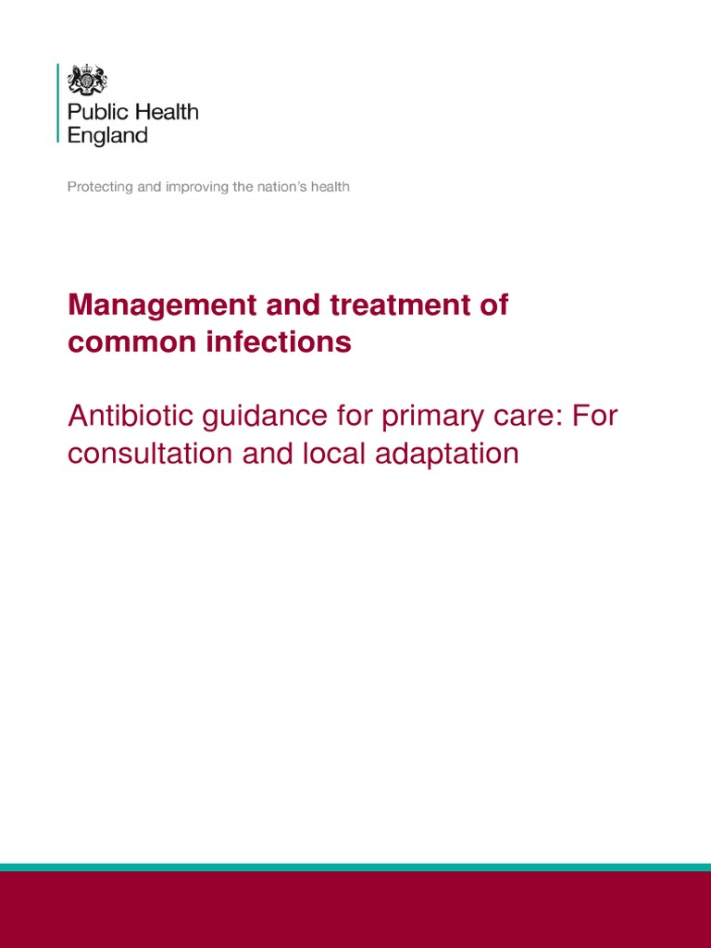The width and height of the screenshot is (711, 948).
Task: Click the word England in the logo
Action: click(107, 135)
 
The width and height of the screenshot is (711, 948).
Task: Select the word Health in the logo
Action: click(164, 113)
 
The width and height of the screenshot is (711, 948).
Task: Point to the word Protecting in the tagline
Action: click(99, 187)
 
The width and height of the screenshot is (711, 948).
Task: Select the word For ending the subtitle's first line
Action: click(593, 417)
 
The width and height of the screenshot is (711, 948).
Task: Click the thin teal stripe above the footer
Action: click(355, 867)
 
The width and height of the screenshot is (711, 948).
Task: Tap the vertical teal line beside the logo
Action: click(58, 103)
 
